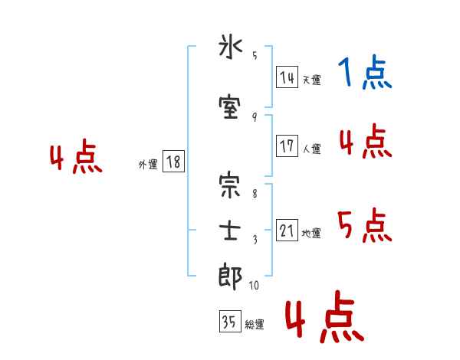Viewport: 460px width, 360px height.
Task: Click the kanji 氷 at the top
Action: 231,49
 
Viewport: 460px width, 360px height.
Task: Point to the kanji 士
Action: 231,231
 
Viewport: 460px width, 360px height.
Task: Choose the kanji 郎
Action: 231,276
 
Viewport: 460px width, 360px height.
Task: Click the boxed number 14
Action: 287,77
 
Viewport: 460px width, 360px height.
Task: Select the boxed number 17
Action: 287,146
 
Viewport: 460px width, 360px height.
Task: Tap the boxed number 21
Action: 287,231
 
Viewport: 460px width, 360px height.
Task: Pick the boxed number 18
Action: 173,162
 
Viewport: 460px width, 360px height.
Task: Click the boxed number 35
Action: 229,322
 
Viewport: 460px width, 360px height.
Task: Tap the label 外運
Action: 148,165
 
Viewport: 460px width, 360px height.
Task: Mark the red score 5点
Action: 365,225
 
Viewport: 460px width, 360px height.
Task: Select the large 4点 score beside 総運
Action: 324,318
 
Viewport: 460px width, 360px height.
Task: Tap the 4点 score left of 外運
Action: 76,159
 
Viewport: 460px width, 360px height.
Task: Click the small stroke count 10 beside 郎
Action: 254,286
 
